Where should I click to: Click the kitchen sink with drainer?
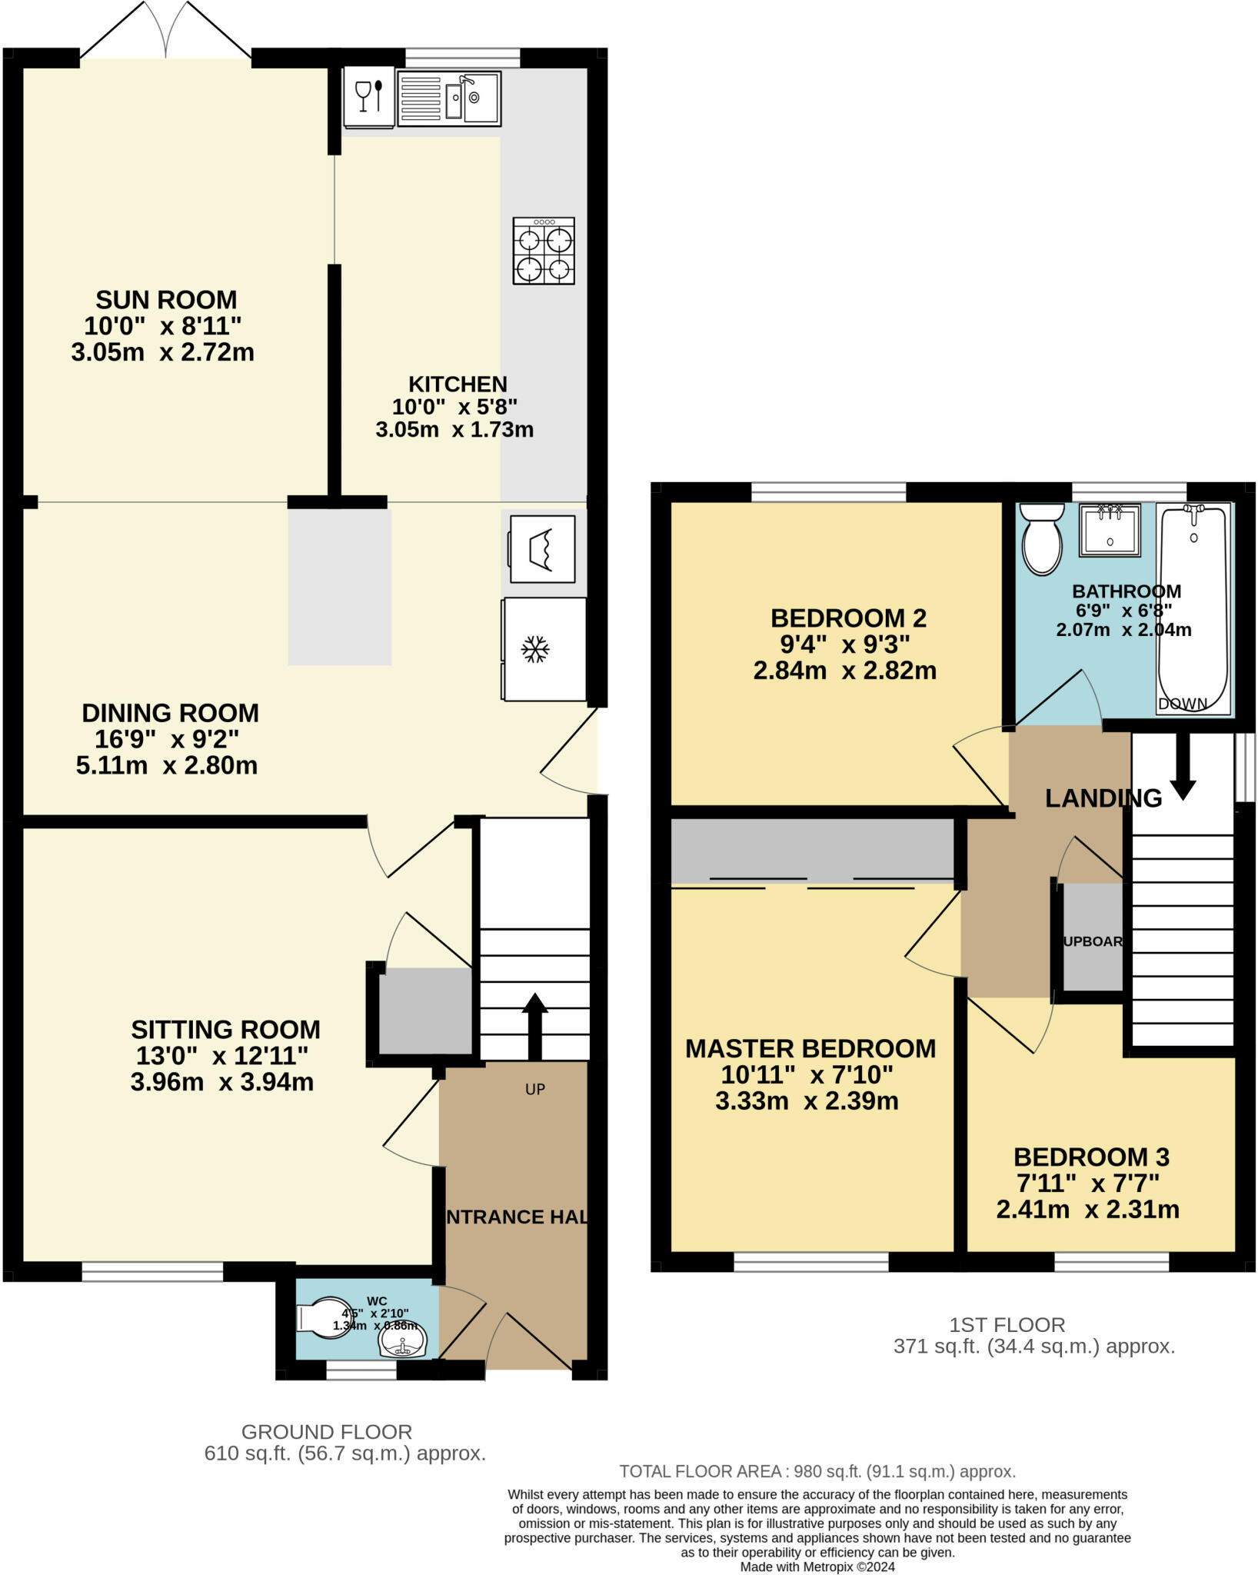point(449,98)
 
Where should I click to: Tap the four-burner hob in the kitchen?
point(544,251)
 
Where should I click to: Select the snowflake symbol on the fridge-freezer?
point(535,649)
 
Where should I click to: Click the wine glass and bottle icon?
point(368,97)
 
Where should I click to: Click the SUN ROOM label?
point(166,299)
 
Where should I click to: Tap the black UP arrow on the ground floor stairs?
point(534,1026)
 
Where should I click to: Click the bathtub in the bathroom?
point(1193,608)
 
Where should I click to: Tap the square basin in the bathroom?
point(1110,530)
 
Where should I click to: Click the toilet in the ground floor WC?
point(324,1318)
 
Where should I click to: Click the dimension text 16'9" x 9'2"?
point(167,739)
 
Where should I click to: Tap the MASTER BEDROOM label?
point(810,1048)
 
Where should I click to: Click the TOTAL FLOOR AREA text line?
point(817,1471)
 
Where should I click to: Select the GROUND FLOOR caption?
point(327,1432)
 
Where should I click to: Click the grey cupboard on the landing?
point(1093,939)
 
